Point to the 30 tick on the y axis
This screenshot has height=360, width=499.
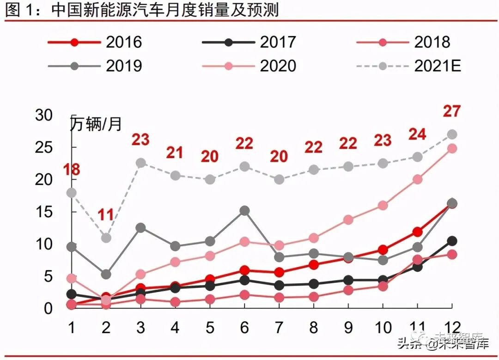[45, 116]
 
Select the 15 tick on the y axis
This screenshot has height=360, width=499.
[45, 212]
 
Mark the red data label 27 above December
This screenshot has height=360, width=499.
[452, 111]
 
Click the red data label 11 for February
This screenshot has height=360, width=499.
[106, 214]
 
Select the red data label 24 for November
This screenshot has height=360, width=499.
[417, 134]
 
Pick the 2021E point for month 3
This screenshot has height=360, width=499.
[140, 163]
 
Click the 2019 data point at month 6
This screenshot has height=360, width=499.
[244, 211]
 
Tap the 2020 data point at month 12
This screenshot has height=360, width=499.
[452, 149]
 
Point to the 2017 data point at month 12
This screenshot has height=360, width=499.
[452, 241]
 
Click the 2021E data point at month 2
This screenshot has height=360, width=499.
[106, 238]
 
